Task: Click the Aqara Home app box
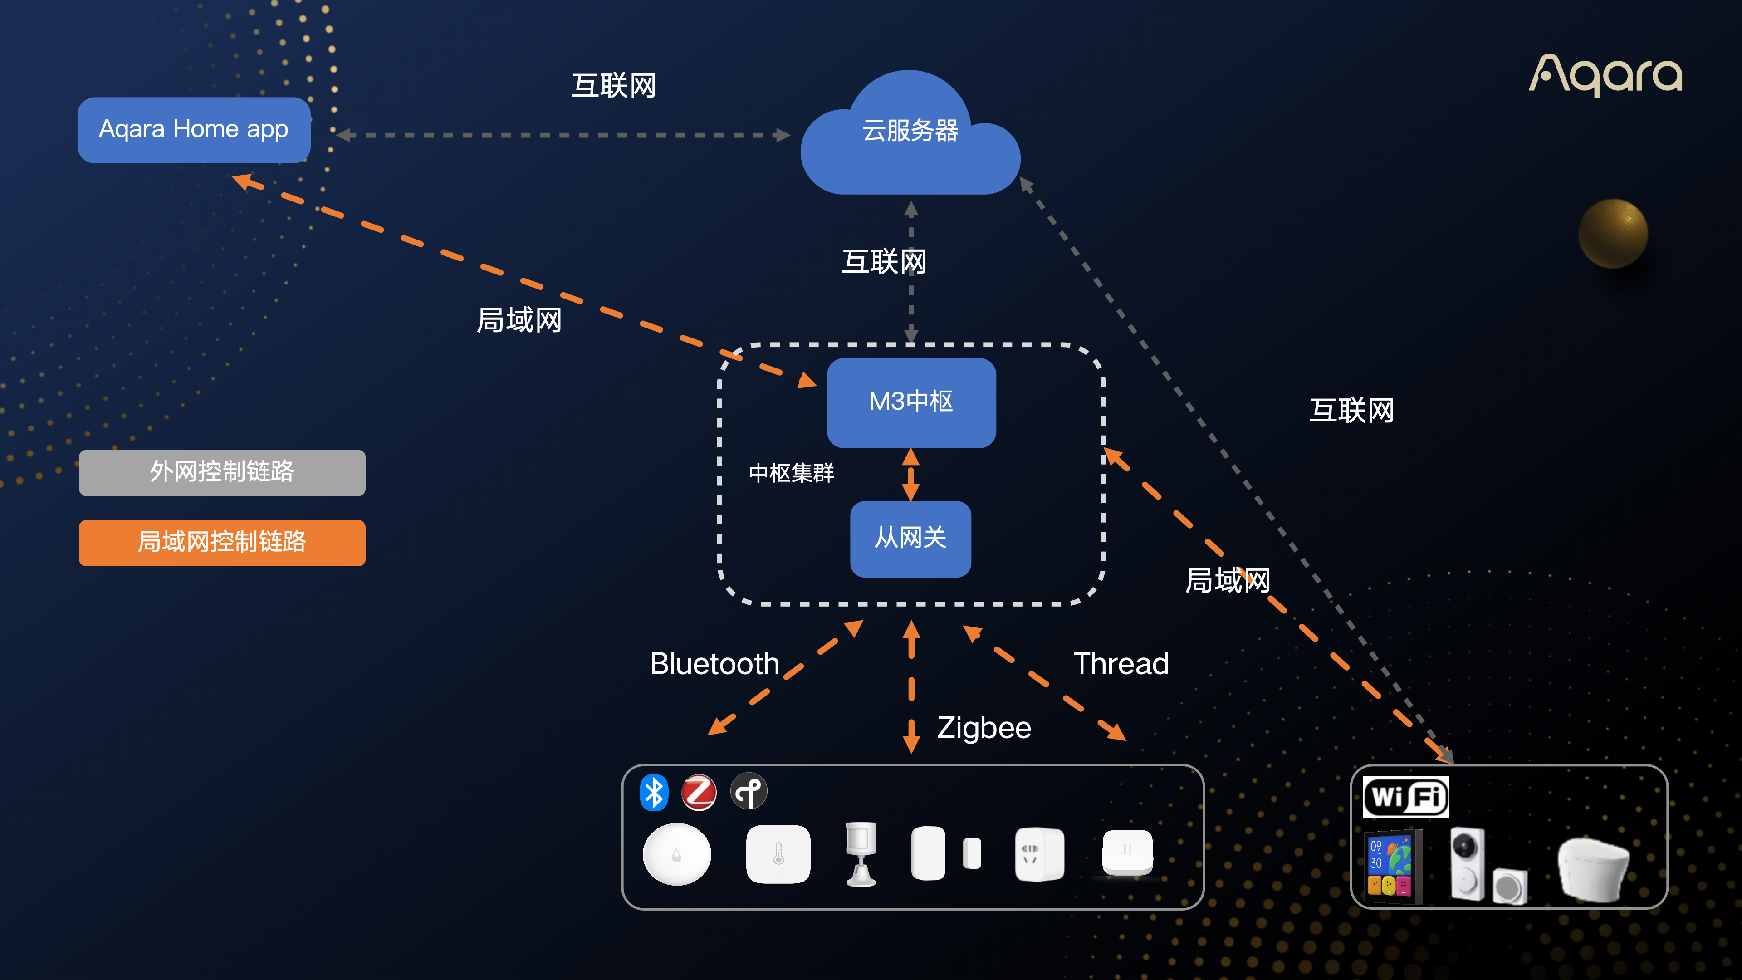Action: (194, 130)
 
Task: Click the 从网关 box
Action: (910, 539)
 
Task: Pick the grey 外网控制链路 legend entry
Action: (222, 472)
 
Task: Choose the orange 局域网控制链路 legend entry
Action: (222, 543)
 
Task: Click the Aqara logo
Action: (1605, 74)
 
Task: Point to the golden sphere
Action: (1613, 233)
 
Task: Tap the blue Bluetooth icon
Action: (654, 792)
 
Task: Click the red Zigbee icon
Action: (699, 792)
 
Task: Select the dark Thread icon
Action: (749, 791)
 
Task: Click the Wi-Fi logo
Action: (1405, 797)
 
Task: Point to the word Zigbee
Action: (984, 728)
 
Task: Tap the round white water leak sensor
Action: (676, 855)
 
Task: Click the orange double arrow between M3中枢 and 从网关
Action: (911, 475)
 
